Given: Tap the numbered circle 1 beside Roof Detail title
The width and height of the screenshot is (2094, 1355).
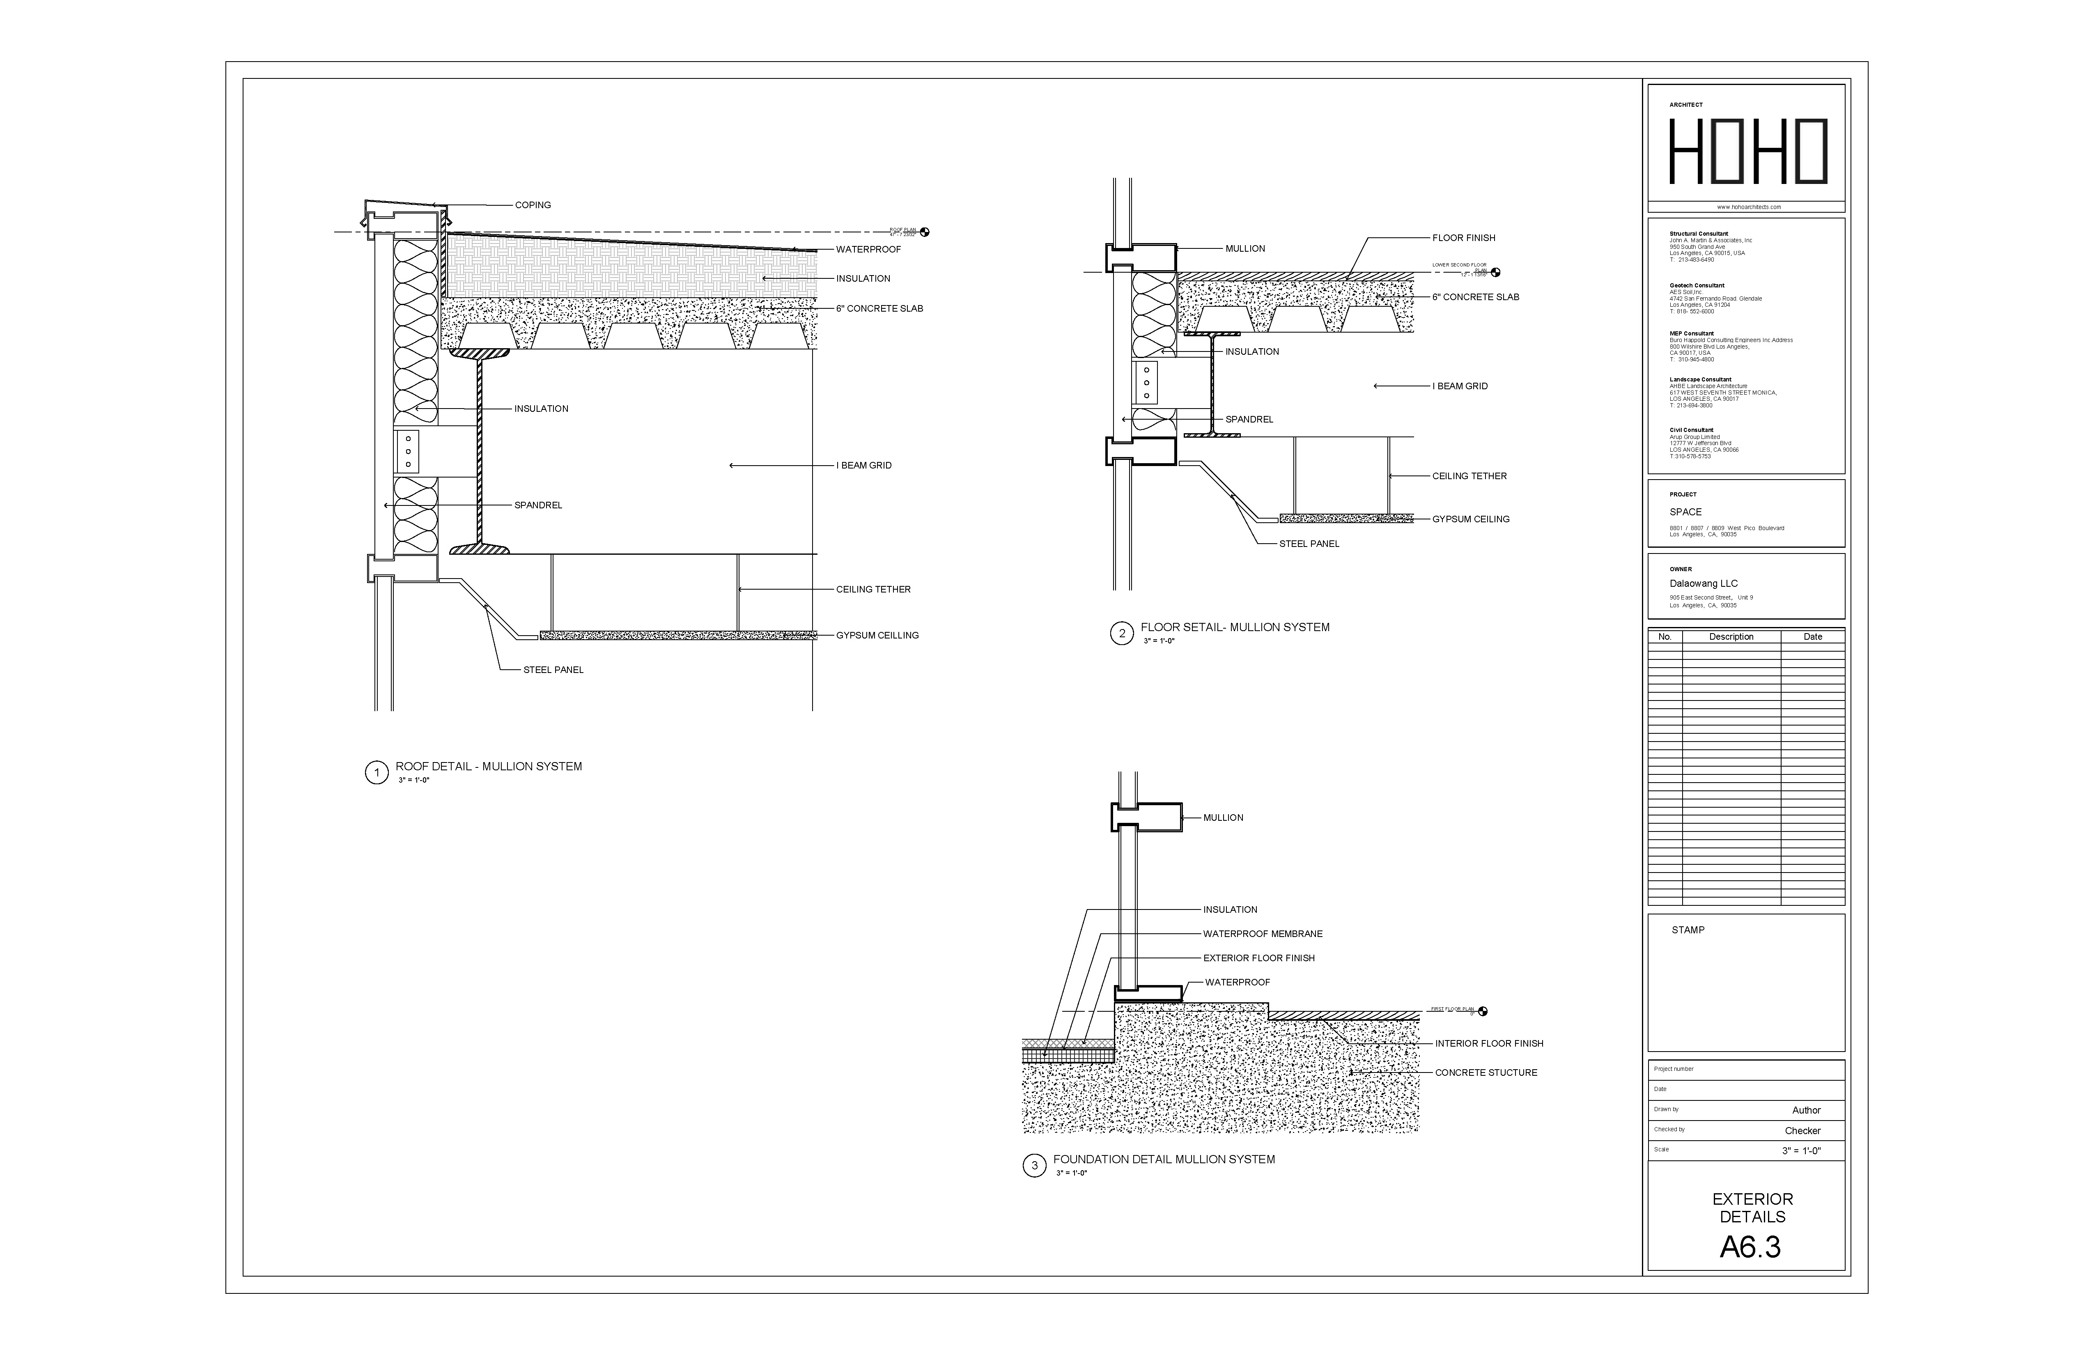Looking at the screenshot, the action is coord(377,774).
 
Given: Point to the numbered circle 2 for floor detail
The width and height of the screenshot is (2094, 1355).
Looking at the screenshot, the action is coord(1121,634).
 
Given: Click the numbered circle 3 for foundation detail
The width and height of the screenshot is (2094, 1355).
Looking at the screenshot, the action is coord(1034,1166).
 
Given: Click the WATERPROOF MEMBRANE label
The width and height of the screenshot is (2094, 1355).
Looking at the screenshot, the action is coord(1263,934).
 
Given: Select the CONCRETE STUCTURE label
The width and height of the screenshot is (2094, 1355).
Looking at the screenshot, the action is coord(1486,1073).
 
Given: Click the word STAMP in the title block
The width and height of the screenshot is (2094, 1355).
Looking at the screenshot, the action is coord(1688,930).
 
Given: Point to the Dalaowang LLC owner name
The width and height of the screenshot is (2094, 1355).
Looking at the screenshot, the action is coord(1704,583).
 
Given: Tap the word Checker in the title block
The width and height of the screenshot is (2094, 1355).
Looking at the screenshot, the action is coord(1802,1131).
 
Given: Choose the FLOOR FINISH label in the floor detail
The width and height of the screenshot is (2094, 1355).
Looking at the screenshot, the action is coord(1463,238).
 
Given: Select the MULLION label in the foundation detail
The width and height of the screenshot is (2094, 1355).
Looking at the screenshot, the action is coord(1223,818).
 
